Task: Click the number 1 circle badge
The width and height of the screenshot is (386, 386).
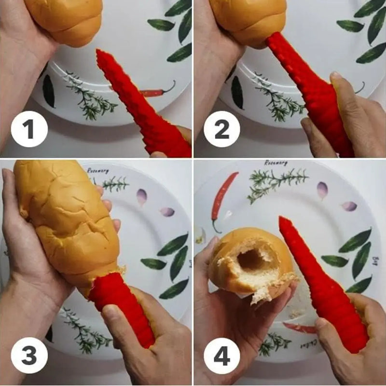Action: (x=29, y=129)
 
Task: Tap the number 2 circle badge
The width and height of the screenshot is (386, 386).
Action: (x=221, y=129)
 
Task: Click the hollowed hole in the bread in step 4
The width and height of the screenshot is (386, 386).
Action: (x=251, y=260)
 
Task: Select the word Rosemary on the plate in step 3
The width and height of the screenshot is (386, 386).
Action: (x=98, y=170)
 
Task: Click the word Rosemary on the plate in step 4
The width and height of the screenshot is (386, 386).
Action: (x=276, y=163)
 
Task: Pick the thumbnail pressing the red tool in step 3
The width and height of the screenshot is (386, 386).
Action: (x=110, y=313)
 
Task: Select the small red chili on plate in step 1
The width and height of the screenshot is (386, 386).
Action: (x=157, y=91)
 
